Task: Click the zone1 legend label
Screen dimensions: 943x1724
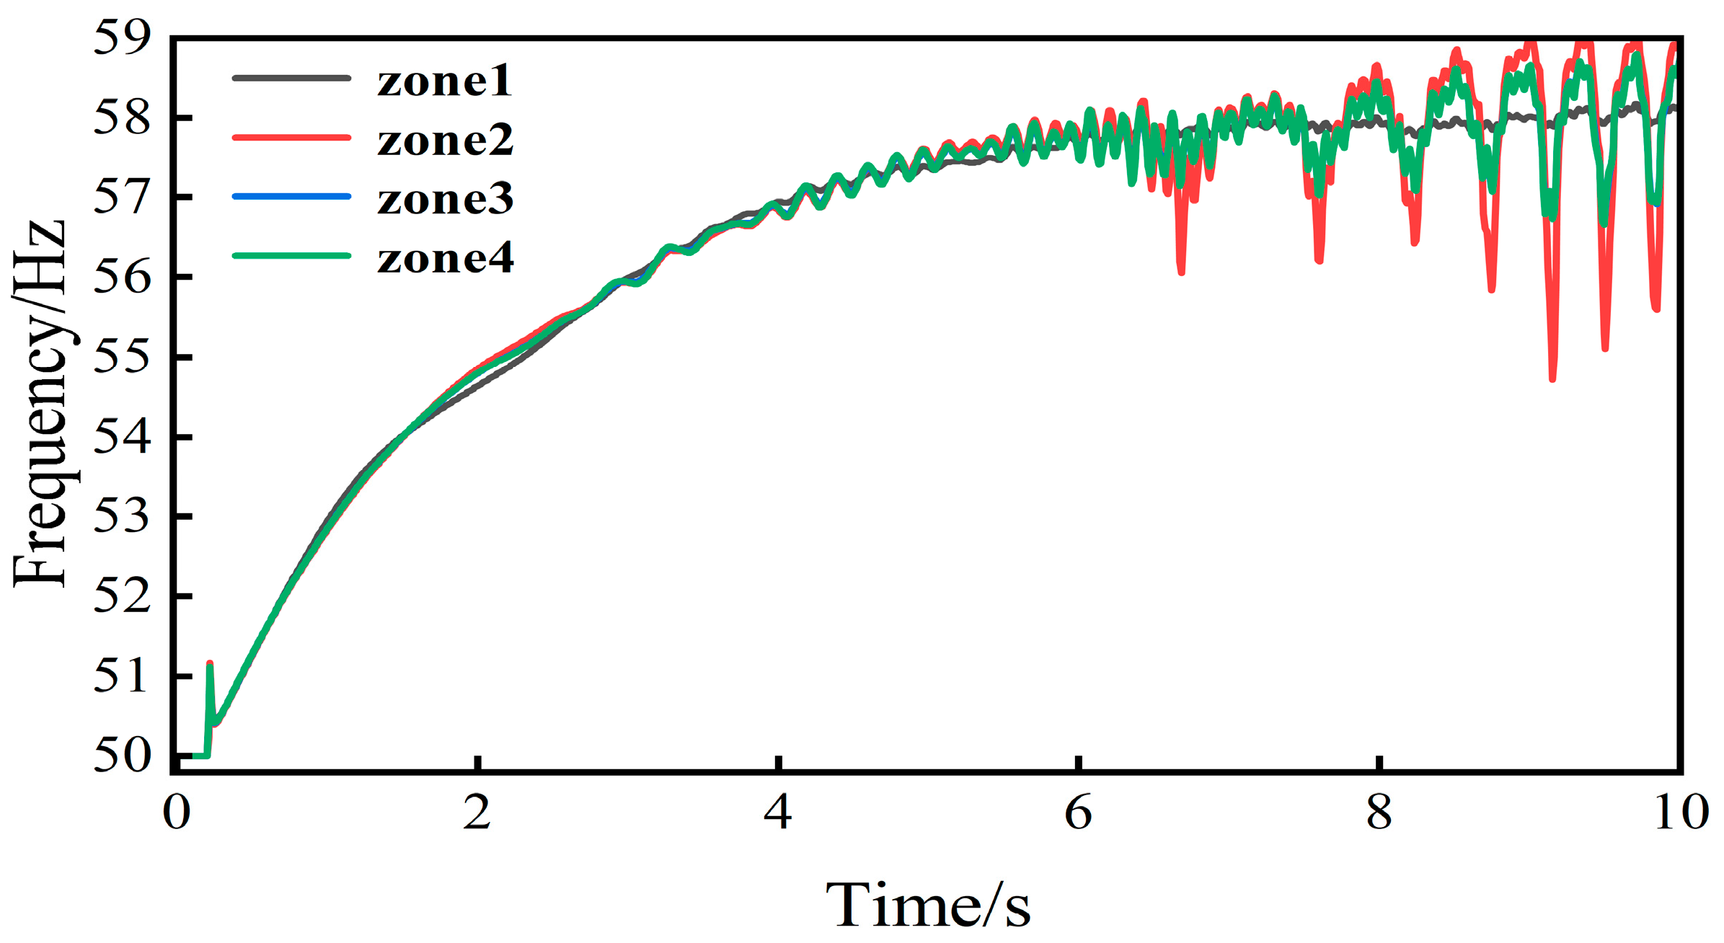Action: coord(444,81)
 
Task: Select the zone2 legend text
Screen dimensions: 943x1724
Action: coord(445,140)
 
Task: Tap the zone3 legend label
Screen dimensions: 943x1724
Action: coord(445,199)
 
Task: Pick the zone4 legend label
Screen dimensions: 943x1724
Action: coord(445,258)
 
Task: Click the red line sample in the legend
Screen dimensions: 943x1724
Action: coord(291,137)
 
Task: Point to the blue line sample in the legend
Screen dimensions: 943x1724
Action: coord(291,196)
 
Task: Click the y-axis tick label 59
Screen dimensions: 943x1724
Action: coord(123,37)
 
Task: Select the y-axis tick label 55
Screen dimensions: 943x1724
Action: coord(123,357)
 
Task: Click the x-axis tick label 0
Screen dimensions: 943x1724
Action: coord(177,813)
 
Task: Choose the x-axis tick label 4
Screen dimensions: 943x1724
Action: coord(777,813)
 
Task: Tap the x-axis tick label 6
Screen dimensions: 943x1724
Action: coord(1078,813)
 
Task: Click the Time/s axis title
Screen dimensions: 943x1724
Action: coord(928,905)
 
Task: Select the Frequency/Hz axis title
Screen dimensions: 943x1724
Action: coord(40,404)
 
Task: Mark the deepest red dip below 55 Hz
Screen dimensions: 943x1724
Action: coord(1552,377)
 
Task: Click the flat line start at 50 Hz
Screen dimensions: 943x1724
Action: coord(193,756)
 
